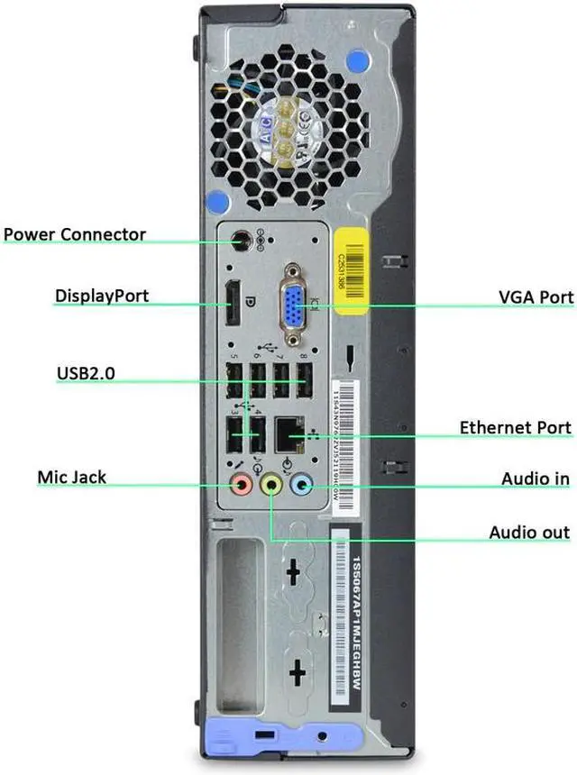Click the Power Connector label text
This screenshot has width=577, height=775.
pyautogui.click(x=74, y=235)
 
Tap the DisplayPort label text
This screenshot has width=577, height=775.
pyautogui.click(x=102, y=296)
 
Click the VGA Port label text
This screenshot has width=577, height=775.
pyautogui.click(x=536, y=296)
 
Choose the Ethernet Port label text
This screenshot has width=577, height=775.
pyautogui.click(x=514, y=427)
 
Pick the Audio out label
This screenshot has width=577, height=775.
pyautogui.click(x=528, y=533)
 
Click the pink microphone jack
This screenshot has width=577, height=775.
pyautogui.click(x=241, y=485)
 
